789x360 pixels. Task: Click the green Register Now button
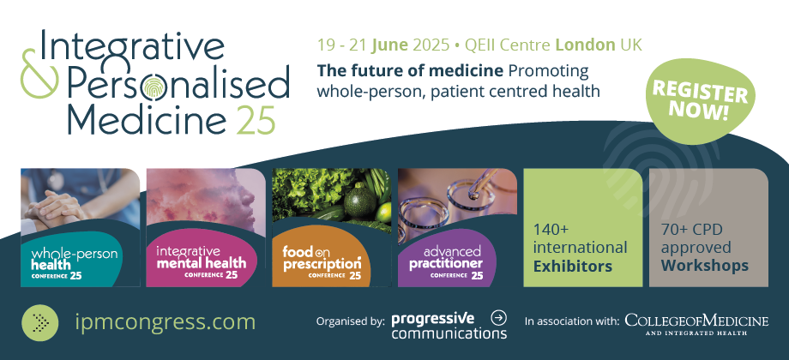[x=701, y=101]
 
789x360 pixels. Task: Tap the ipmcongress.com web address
[x=165, y=321]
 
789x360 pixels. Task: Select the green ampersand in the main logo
[x=39, y=74]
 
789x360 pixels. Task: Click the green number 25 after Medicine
[x=256, y=121]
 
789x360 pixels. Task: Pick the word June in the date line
[x=389, y=45]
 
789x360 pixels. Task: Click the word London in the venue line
[x=585, y=45]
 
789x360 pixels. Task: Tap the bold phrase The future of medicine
[x=410, y=71]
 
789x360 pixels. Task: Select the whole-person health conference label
[x=74, y=262]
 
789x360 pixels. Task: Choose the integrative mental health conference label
[x=202, y=261]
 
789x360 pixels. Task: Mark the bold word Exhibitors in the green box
[x=573, y=266]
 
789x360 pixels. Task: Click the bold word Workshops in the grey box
[x=704, y=266]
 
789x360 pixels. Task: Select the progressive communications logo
[x=449, y=326]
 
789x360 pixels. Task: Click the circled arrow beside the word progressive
[x=498, y=317]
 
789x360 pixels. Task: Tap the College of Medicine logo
[x=697, y=324]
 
